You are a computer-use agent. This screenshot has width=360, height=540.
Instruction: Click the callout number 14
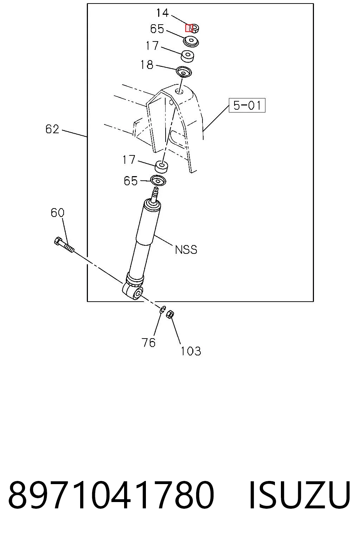162,13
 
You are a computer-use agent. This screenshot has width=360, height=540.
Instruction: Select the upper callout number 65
157,29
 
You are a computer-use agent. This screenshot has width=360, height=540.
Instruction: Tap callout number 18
147,65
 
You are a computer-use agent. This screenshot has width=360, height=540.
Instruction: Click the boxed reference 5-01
247,105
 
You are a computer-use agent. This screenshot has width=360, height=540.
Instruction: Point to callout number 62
52,129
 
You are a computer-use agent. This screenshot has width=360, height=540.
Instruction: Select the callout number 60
57,213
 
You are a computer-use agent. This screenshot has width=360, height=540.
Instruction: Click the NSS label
186,250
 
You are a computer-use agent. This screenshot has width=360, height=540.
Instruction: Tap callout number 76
148,342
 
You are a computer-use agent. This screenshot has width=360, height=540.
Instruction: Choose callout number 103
191,351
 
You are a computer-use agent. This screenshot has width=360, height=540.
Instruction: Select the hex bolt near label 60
64,245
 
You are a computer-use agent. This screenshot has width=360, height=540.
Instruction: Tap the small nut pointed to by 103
171,314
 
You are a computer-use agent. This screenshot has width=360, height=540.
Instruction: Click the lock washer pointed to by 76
163,309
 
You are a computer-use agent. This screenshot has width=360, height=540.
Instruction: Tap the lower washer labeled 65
158,181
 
